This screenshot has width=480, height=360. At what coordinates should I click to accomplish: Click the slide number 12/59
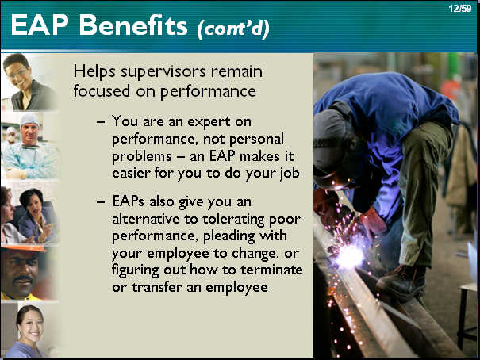(460, 9)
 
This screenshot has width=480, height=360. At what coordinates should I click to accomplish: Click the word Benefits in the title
(133, 25)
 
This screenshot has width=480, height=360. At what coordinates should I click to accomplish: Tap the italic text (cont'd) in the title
(233, 28)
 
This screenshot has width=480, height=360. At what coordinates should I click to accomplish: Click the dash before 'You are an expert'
(101, 122)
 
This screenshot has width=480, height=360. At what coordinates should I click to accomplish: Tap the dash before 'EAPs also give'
(101, 202)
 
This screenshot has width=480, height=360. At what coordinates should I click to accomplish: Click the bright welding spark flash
(349, 256)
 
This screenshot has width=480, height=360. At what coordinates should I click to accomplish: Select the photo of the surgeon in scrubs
(29, 146)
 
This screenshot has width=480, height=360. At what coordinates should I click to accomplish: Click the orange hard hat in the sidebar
(23, 248)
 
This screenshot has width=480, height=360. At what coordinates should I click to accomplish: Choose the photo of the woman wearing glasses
(29, 82)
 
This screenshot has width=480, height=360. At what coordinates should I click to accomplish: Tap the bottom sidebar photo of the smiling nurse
(29, 330)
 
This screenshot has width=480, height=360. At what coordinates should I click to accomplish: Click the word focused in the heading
(102, 91)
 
